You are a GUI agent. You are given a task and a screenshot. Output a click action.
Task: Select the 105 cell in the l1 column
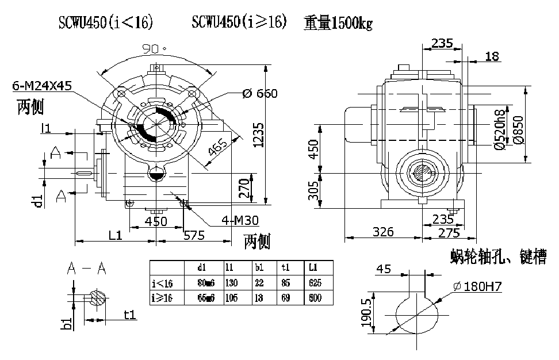coord(233,298)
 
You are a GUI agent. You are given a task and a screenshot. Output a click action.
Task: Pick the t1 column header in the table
coord(286,267)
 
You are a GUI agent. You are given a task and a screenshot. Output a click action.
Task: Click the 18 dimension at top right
coord(492,56)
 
